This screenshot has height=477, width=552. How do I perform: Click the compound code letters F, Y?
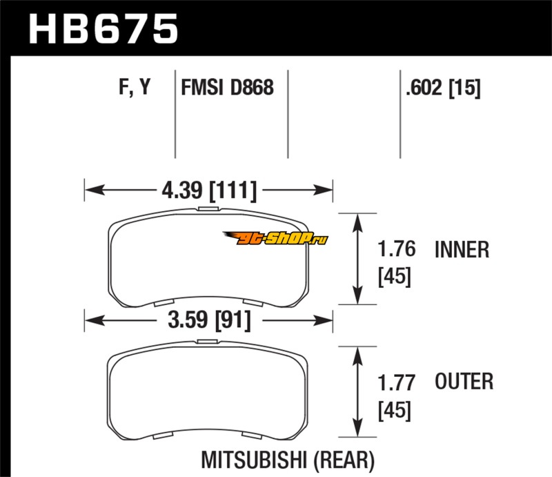133,88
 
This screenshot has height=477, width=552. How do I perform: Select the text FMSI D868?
227,88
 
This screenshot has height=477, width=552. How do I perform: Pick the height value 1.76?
396,249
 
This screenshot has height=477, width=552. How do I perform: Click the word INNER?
462,249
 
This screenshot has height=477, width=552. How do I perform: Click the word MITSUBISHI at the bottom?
258,459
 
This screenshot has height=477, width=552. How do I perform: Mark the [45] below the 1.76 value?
395,277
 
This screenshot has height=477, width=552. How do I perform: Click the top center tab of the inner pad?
207,208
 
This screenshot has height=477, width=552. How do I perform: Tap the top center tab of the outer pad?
207,341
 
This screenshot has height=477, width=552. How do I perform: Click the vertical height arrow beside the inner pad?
358,259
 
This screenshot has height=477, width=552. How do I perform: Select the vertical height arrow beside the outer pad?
358,391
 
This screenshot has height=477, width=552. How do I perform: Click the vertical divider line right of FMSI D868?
287,114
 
